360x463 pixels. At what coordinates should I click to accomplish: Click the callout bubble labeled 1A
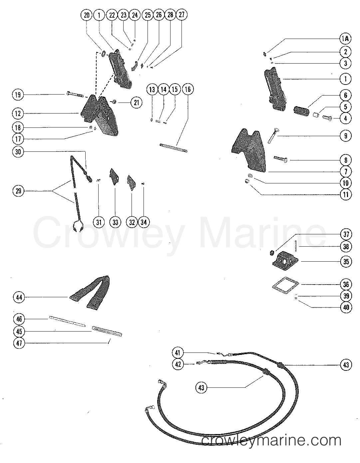click(346, 39)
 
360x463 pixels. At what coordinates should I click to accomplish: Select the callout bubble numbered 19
click(18, 95)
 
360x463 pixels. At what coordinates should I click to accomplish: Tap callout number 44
click(19, 297)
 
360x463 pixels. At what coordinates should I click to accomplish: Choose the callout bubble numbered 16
click(188, 89)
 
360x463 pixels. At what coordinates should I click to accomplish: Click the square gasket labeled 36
click(285, 286)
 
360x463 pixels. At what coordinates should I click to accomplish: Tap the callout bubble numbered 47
click(19, 343)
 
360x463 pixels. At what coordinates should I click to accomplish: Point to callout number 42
click(178, 364)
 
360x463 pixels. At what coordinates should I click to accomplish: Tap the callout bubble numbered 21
click(136, 102)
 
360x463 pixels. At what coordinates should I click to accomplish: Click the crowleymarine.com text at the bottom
click(272, 440)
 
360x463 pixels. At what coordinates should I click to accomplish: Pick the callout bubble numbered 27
click(182, 15)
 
